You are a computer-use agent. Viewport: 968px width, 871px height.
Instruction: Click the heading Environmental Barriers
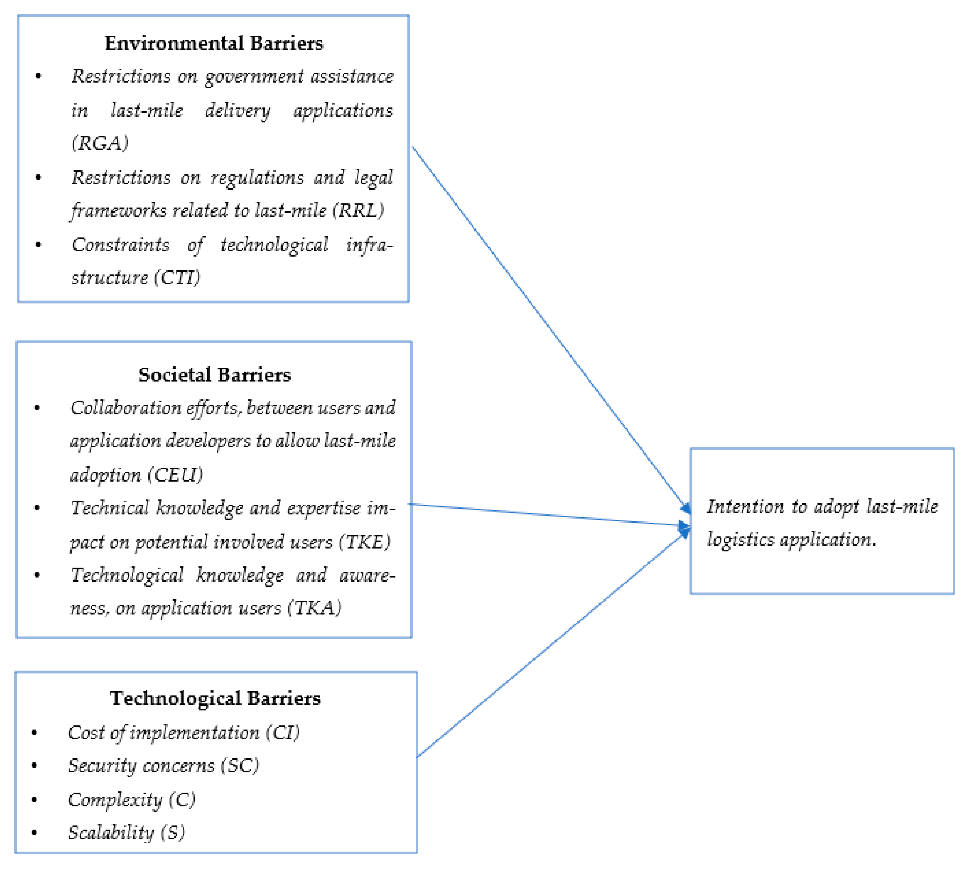click(x=214, y=43)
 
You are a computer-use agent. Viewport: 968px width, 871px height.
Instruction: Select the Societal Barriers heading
click(x=214, y=374)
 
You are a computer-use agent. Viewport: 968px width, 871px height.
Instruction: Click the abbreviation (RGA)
click(x=100, y=143)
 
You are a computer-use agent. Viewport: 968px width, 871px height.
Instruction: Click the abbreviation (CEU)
click(x=175, y=475)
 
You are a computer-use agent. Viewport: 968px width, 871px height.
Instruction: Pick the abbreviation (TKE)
click(x=364, y=542)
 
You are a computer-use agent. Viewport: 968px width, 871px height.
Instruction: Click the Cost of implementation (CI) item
click(x=184, y=732)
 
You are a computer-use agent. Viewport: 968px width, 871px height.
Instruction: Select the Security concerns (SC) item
click(x=164, y=765)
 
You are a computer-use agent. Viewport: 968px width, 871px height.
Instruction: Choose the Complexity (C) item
click(x=132, y=799)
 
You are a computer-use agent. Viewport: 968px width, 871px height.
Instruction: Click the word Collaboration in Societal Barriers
click(x=126, y=408)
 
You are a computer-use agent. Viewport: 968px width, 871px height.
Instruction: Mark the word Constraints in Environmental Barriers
click(x=120, y=245)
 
